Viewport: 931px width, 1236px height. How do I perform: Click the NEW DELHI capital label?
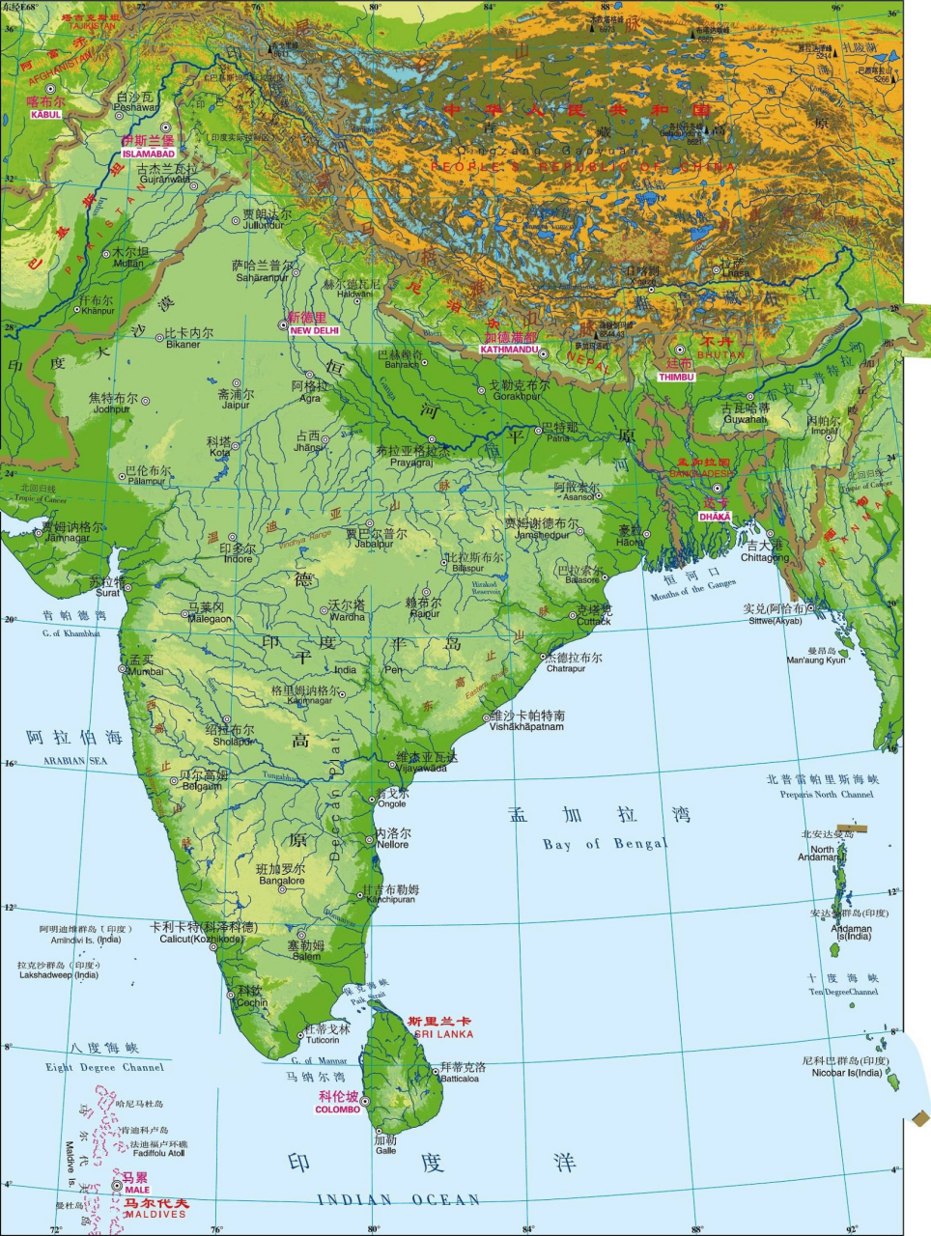click(315, 330)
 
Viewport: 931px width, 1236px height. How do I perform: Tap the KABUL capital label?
click(45, 115)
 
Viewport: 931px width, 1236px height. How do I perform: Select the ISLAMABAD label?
click(149, 154)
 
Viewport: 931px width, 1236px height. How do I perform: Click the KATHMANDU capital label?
click(509, 350)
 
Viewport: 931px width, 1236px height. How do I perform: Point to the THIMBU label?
click(677, 377)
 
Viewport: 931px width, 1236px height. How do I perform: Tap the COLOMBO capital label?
click(338, 1110)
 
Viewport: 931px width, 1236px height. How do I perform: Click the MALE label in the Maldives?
click(137, 1190)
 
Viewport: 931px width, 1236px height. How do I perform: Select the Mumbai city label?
click(146, 671)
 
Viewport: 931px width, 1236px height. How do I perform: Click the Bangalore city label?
click(281, 881)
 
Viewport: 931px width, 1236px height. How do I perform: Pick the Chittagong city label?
click(765, 558)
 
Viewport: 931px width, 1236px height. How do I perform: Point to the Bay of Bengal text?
click(605, 844)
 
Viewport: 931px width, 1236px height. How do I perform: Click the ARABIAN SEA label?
click(75, 761)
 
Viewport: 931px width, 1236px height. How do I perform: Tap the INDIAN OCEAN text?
click(399, 1200)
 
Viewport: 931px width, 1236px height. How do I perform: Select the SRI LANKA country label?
click(443, 1034)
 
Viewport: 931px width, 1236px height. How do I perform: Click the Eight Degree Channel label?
click(104, 1067)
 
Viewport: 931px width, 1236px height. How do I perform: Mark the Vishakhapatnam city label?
click(526, 726)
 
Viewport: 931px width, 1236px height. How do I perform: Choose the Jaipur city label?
click(236, 406)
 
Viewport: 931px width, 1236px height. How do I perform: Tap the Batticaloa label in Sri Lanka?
click(460, 1079)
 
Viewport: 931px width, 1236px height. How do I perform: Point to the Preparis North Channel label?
click(827, 795)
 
